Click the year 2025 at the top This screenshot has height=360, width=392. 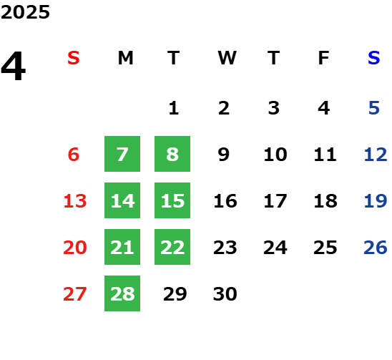tap(25, 12)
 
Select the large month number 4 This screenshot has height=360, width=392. tap(14, 66)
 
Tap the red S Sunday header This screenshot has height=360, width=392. tap(74, 58)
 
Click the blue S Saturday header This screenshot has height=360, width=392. tap(374, 58)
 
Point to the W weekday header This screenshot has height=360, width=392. tap(227, 58)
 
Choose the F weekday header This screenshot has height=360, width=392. tap(324, 58)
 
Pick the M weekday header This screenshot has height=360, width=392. tap(125, 58)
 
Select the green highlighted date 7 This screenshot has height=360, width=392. tap(122, 154)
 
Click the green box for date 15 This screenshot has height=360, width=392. tap(172, 200)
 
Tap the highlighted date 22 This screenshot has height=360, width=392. tap(172, 247)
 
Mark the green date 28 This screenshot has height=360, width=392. tap(122, 293)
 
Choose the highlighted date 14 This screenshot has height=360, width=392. tap(122, 200)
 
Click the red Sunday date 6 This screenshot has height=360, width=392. tap(74, 155)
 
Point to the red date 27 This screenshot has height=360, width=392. tap(75, 294)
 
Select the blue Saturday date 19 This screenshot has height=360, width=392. tap(376, 201)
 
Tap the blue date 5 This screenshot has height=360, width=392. tap(374, 108)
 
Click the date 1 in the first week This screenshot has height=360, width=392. tap(174, 108)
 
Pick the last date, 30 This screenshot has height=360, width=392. tap(225, 294)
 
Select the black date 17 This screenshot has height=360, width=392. tap(275, 201)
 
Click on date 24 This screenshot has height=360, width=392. tap(275, 248)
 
